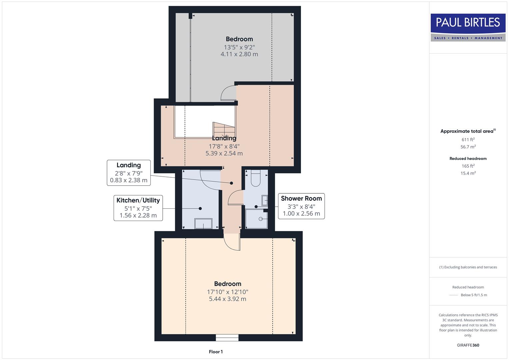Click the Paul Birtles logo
468,27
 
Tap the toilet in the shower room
255,179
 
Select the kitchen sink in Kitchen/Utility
203,223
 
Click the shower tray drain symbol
261,219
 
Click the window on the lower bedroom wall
227,338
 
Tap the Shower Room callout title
301,198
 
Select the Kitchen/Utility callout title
138,200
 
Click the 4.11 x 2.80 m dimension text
239,54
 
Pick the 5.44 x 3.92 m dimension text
227,299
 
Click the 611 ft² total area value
468,140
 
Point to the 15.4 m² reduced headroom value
468,173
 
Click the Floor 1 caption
216,352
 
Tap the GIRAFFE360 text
468,345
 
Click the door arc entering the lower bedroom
231,242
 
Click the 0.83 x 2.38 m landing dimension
129,180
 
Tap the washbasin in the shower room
264,200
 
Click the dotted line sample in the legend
454,295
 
